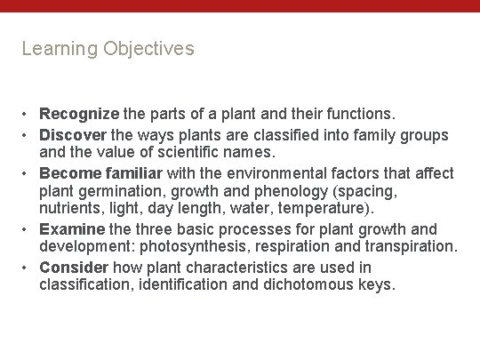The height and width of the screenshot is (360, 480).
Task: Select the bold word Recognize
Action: tap(79, 115)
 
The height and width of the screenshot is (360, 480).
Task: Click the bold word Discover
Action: tap(74, 135)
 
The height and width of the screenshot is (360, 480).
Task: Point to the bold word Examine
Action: tap(72, 229)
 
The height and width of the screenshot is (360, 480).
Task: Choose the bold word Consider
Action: tap(74, 268)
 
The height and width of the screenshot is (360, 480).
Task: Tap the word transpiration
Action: tap(412, 246)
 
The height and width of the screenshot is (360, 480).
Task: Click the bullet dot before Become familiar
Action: tap(27, 173)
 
